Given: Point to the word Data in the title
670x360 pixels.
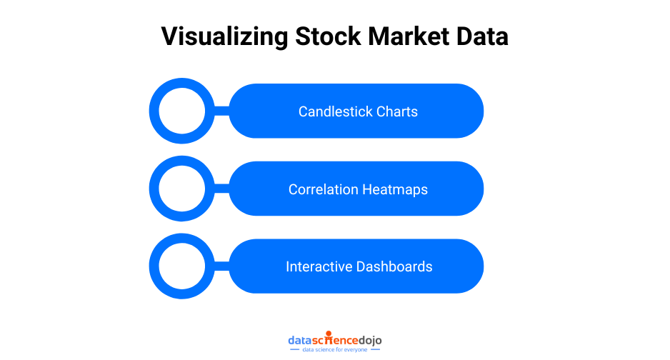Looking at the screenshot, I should click(x=485, y=36).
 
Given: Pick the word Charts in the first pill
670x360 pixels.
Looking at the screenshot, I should click(x=396, y=111).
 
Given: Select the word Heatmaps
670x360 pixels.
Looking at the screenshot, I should click(x=395, y=189).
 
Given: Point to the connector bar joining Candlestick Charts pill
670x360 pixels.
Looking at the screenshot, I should click(x=221, y=111).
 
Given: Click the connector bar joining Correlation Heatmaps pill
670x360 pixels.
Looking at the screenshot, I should click(x=221, y=189).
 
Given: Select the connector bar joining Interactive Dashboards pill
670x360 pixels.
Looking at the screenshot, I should click(x=221, y=266).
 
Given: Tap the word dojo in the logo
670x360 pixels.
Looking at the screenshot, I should click(x=369, y=340).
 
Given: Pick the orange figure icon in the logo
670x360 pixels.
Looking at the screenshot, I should click(x=327, y=334).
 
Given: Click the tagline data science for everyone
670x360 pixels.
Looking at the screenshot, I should click(x=334, y=350).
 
